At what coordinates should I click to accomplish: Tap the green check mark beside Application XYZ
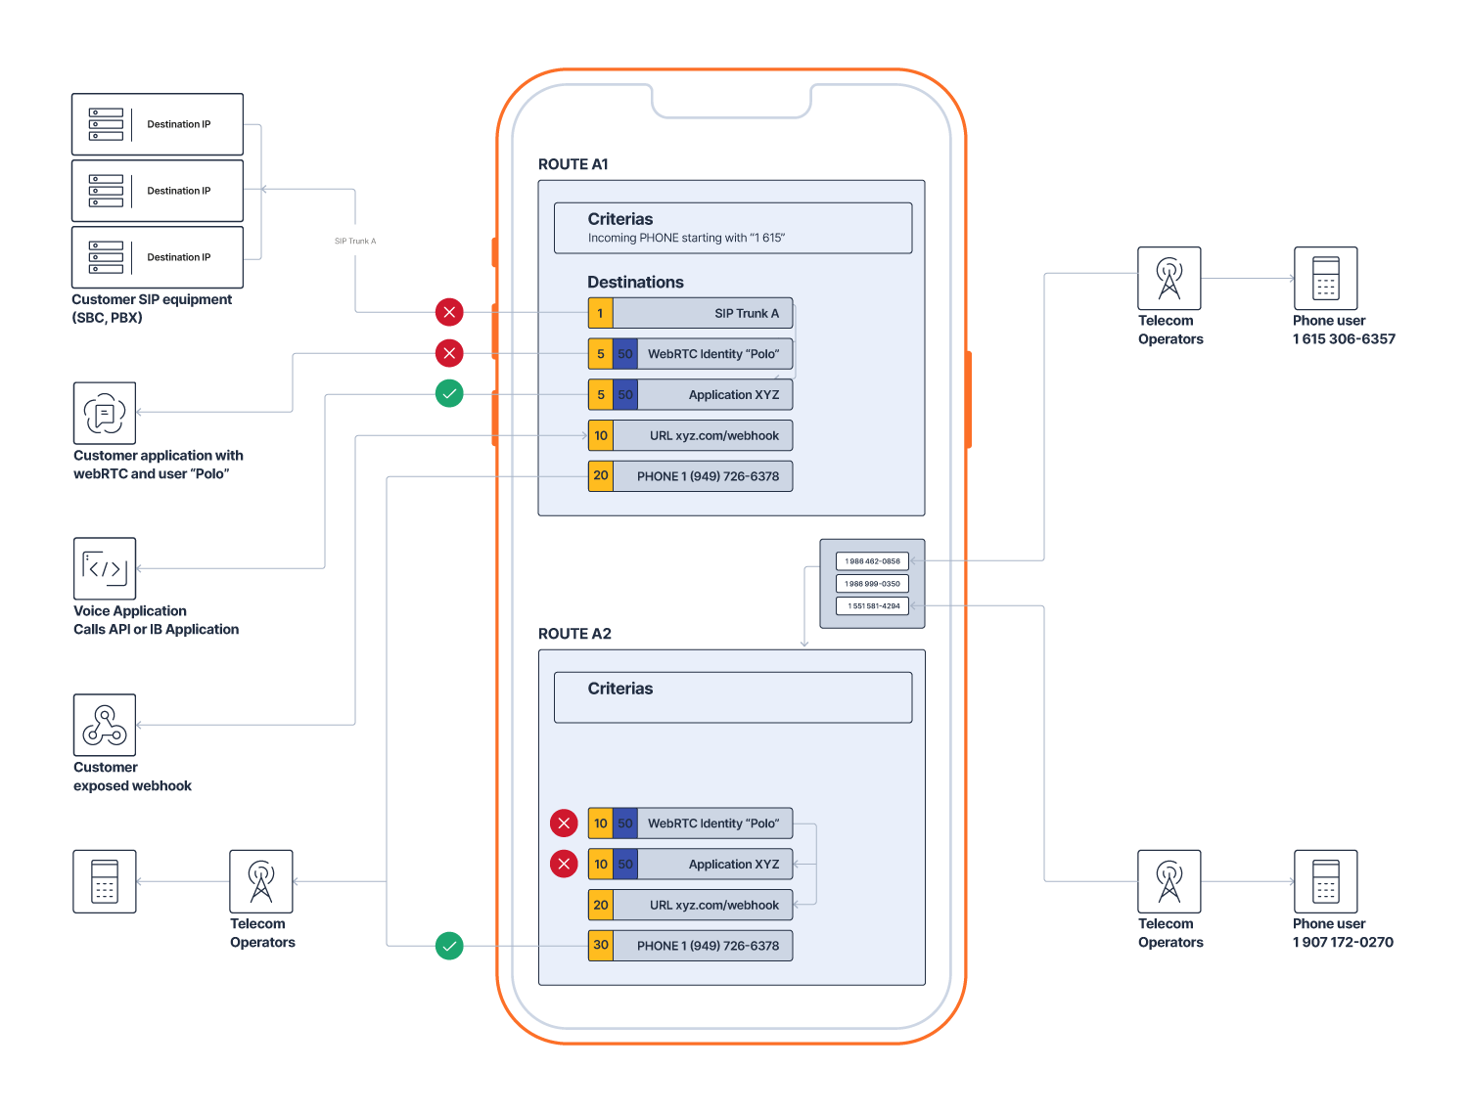pyautogui.click(x=449, y=394)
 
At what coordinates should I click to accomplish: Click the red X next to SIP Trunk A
pyautogui.click(x=449, y=313)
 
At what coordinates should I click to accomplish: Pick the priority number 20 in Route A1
pyautogui.click(x=601, y=476)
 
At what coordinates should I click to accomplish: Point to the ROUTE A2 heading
pyautogui.click(x=574, y=634)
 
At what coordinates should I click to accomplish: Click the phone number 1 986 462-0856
pyautogui.click(x=872, y=561)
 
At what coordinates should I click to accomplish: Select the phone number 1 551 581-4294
pyautogui.click(x=872, y=606)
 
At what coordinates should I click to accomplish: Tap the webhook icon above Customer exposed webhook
pyautogui.click(x=105, y=725)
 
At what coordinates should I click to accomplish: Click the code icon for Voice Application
pyautogui.click(x=105, y=568)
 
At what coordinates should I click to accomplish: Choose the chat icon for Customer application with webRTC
pyautogui.click(x=105, y=413)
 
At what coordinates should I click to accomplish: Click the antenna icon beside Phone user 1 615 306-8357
pyautogui.click(x=1169, y=279)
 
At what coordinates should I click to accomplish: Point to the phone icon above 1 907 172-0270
pyautogui.click(x=1325, y=881)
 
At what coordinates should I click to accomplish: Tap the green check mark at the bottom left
pyautogui.click(x=449, y=946)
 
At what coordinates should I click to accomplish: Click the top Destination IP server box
pyautogui.click(x=158, y=124)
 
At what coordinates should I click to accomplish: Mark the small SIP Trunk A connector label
pyautogui.click(x=355, y=242)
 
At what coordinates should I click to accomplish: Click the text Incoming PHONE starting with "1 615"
pyautogui.click(x=686, y=238)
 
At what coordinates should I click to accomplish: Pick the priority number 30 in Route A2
pyautogui.click(x=601, y=946)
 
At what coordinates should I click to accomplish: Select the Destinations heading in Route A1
pyautogui.click(x=635, y=282)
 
